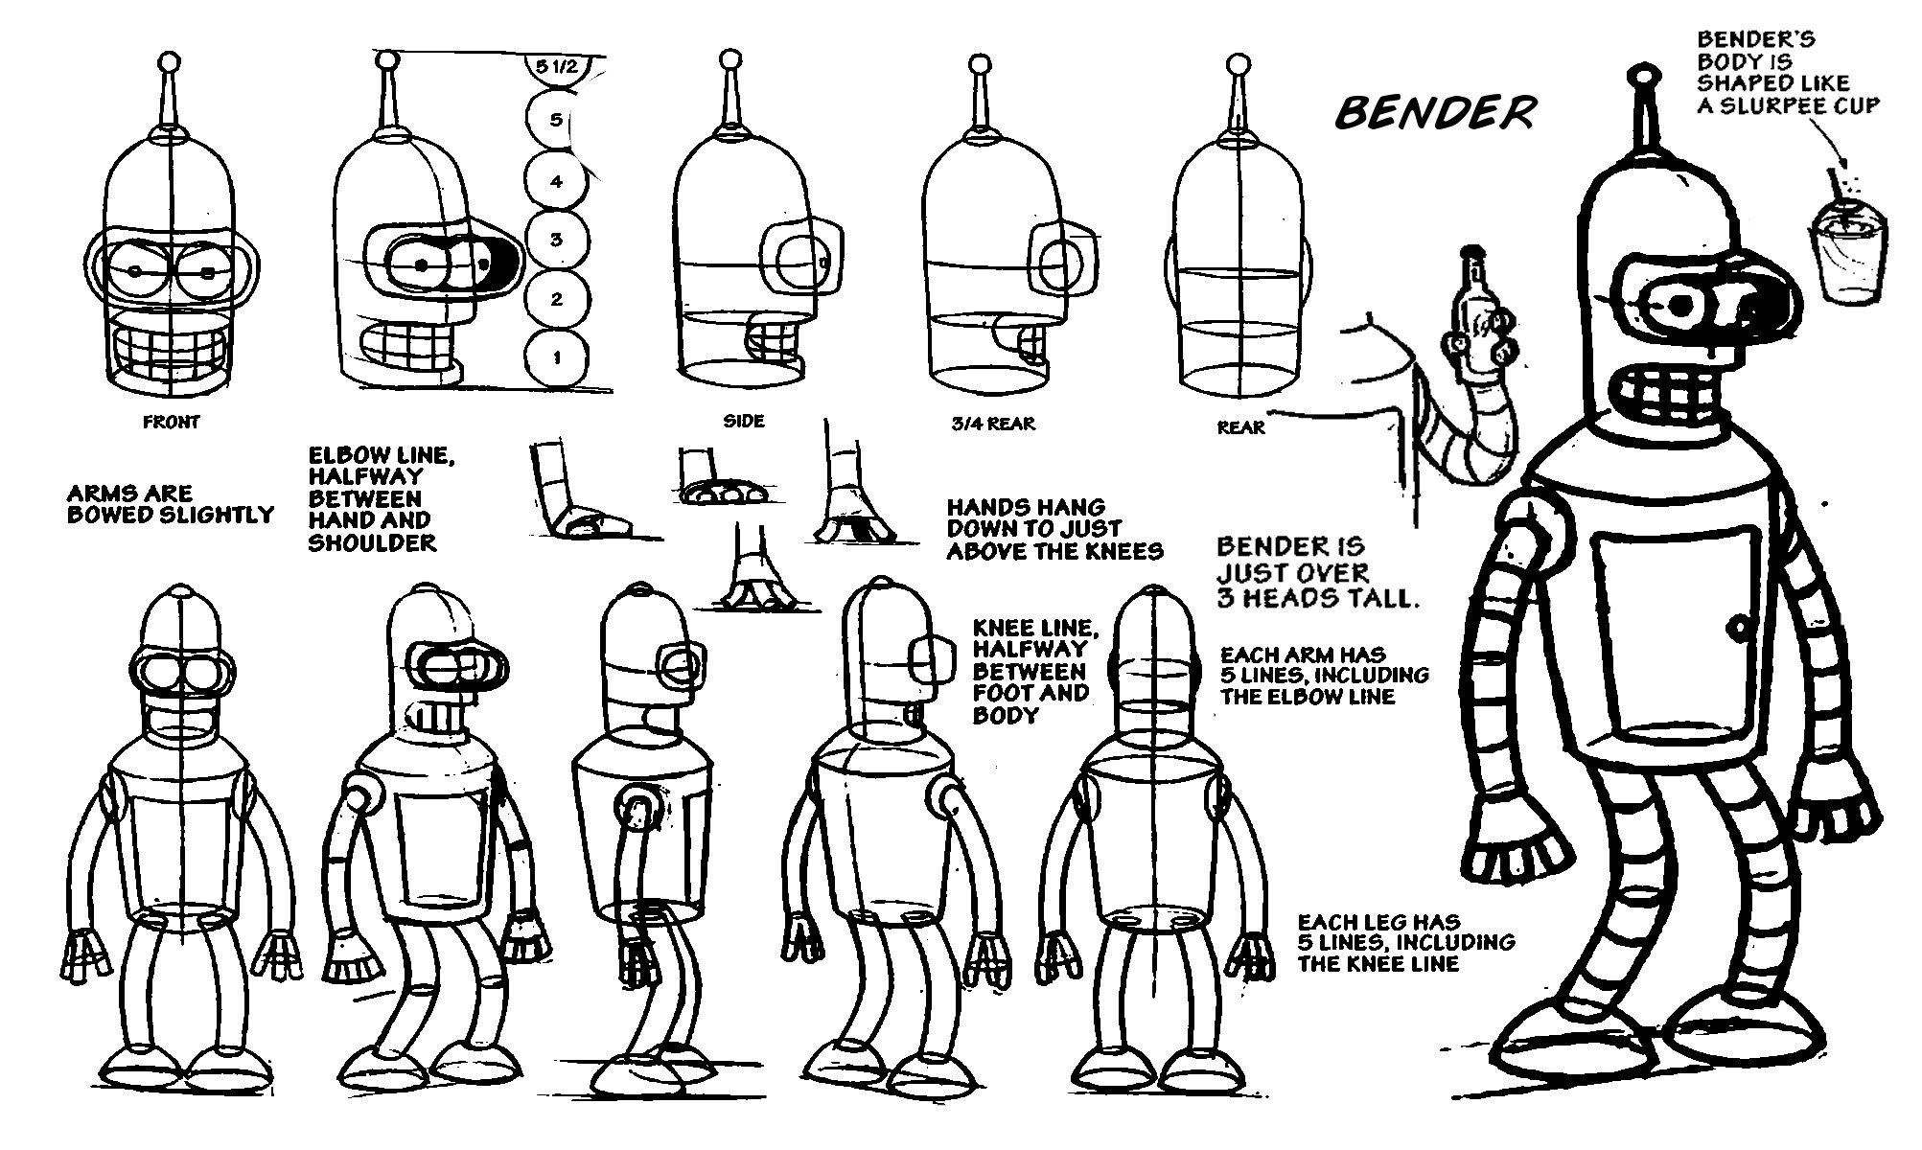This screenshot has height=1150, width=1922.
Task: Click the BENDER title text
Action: [1435, 113]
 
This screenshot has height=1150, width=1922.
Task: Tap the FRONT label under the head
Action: [171, 422]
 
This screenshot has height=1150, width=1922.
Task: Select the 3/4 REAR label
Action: [993, 423]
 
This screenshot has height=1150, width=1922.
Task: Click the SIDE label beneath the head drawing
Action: [743, 422]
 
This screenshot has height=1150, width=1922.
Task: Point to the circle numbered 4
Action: [556, 181]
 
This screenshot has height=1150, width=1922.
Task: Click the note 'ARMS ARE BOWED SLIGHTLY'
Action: [170, 504]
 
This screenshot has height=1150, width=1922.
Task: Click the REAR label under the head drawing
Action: [1240, 427]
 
